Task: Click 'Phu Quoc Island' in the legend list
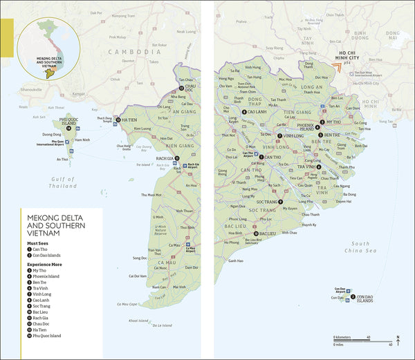[x=47, y=336]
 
